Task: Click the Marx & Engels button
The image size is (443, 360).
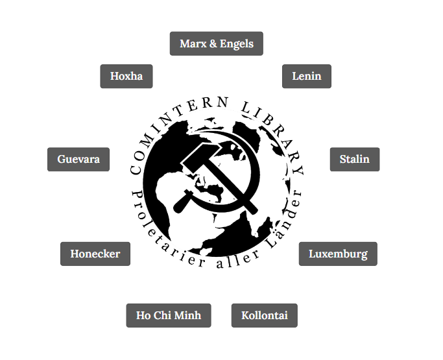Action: point(217,43)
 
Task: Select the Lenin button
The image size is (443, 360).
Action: point(307,77)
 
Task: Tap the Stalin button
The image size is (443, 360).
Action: point(355,160)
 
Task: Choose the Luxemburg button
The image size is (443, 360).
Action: point(338,254)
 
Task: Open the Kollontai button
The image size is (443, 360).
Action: point(265,316)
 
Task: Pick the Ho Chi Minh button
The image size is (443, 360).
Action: point(169,316)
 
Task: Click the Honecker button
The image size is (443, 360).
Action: point(95,254)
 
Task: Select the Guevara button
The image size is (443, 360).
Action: point(78,160)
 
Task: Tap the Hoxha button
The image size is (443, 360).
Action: point(126,77)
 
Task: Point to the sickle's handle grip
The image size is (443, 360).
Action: point(182,202)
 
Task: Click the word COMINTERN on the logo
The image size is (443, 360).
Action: point(173,130)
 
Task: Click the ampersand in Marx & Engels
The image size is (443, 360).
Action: point(213,44)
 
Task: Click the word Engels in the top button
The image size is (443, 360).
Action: point(237,44)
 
